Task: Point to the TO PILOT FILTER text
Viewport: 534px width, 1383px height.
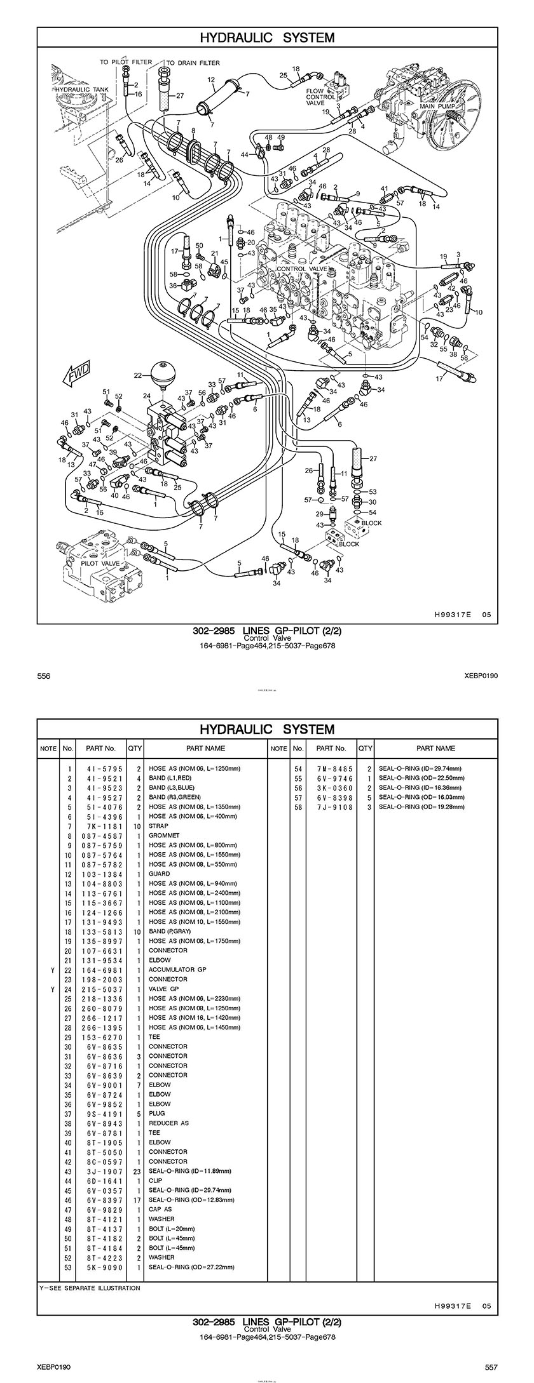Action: (125, 63)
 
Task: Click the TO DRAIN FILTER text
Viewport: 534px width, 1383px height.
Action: (193, 63)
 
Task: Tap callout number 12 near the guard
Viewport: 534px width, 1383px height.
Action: (212, 80)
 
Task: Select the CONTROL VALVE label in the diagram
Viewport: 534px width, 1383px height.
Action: (301, 269)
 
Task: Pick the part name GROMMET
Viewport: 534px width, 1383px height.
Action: (164, 836)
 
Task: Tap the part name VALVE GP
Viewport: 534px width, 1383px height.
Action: (164, 989)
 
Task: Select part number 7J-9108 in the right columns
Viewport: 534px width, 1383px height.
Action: (332, 807)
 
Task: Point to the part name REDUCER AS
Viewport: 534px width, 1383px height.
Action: (168, 1123)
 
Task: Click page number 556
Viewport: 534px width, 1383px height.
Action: (43, 676)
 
